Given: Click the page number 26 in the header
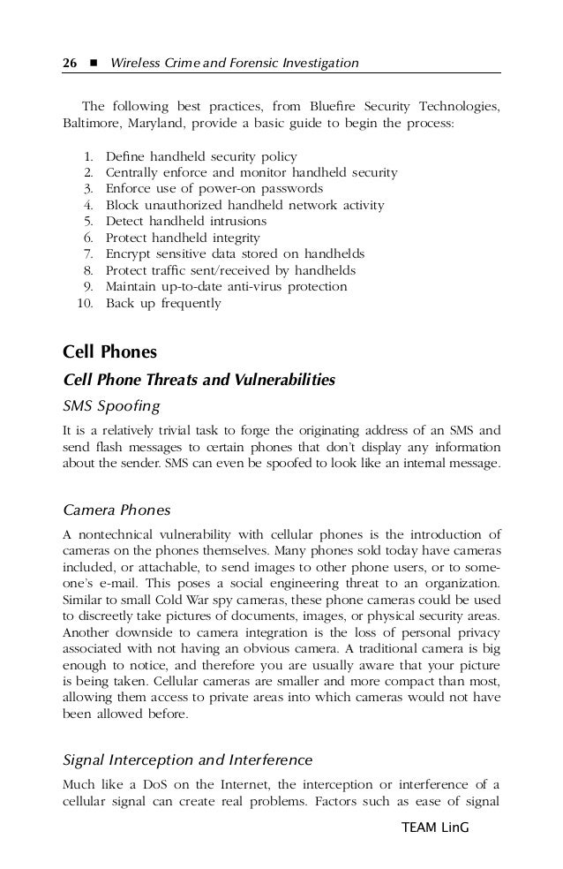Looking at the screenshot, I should [x=68, y=63].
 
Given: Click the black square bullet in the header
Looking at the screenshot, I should [x=90, y=64].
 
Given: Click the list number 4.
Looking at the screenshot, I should [x=89, y=205].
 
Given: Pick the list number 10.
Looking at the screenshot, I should [x=86, y=303].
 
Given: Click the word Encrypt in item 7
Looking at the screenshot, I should [x=130, y=254].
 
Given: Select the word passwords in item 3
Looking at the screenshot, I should [x=293, y=189].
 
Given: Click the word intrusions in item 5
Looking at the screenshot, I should [x=232, y=222].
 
